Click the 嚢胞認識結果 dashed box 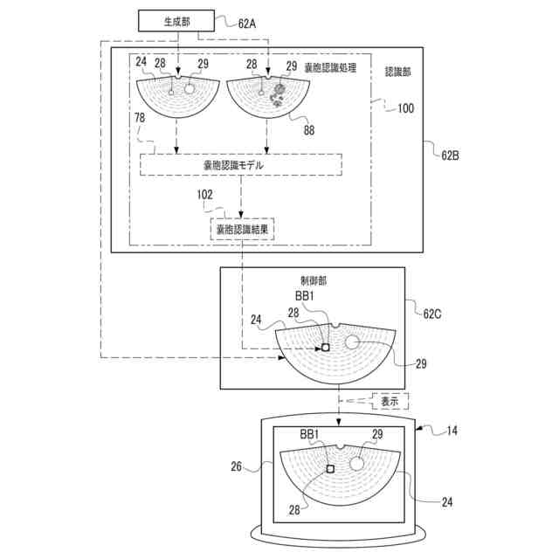pyautogui.click(x=242, y=229)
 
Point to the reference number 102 pyautogui.click(x=205, y=196)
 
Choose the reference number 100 pyautogui.click(x=406, y=109)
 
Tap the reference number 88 pyautogui.click(x=308, y=131)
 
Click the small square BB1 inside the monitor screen pyautogui.click(x=330, y=470)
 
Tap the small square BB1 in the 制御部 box pyautogui.click(x=325, y=347)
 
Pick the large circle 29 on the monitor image pyautogui.click(x=356, y=463)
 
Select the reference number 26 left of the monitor pyautogui.click(x=236, y=466)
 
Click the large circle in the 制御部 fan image pyautogui.click(x=353, y=342)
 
